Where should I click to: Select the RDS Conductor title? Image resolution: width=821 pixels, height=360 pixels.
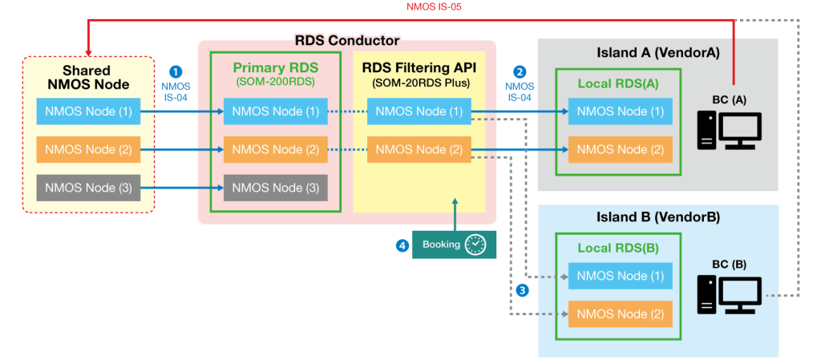346,40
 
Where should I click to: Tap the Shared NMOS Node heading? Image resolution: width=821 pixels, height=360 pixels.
86,77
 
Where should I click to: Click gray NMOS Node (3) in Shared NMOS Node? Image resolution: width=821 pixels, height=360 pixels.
88,188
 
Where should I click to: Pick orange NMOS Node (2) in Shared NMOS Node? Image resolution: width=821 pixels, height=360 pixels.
88,149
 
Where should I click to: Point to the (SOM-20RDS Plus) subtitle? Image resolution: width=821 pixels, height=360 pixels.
420,83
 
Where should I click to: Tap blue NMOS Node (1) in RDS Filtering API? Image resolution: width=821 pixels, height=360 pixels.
419,111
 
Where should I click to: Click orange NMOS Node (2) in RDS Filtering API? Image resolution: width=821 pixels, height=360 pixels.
419,149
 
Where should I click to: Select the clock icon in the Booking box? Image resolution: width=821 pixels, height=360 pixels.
475,245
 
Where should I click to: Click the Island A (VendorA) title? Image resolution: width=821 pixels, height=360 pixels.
657,53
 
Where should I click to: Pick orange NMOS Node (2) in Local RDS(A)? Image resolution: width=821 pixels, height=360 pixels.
621,149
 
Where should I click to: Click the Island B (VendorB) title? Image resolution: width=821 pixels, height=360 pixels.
657,217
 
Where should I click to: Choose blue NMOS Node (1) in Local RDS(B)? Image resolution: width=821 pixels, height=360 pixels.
621,276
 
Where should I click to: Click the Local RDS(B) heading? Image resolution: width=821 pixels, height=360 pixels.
618,249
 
